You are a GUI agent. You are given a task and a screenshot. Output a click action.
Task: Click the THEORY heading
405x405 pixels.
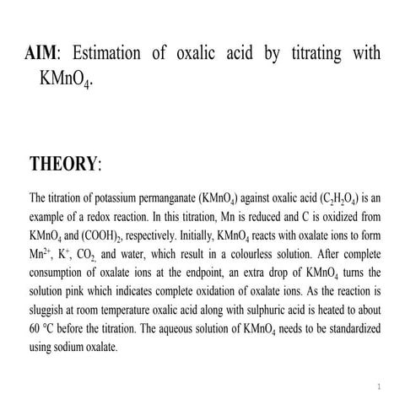click(65, 164)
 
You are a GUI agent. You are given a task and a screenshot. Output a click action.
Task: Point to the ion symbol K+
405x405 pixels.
click(67, 253)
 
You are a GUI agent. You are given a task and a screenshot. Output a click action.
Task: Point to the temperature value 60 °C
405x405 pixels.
click(45, 327)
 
